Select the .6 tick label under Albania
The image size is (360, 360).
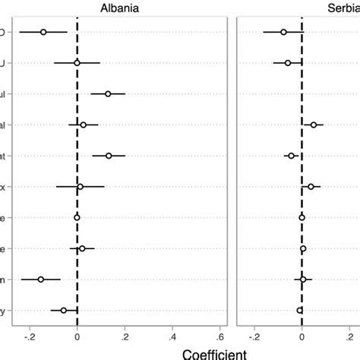coord(220,335)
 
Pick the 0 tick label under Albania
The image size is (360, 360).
coord(77,335)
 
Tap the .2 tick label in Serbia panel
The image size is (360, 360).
coord(349,335)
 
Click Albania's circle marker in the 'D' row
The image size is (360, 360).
coord(43,32)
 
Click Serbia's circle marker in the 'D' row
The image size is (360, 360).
coord(283,32)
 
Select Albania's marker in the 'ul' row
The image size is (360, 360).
coord(108,93)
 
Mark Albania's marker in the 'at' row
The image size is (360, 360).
coord(109,156)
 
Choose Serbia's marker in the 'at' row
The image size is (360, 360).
coord(291,156)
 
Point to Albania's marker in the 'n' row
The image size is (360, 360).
coord(41,279)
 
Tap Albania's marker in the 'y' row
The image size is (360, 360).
coord(64,310)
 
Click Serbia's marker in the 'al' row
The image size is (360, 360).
coord(313,125)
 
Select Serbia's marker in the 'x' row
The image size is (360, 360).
coord(311,186)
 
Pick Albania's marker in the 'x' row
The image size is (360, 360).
coord(80,186)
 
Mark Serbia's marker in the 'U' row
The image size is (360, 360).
coord(287,63)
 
